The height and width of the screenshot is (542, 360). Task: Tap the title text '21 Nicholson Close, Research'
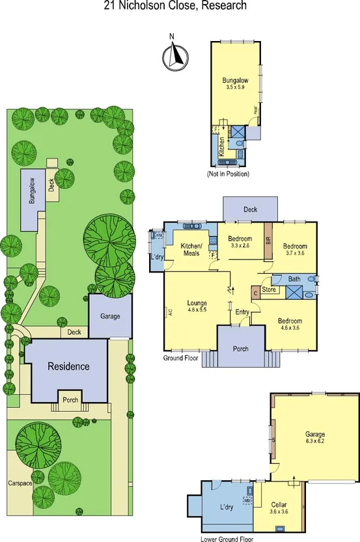(175, 7)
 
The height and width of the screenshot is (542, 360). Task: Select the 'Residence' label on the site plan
(68, 366)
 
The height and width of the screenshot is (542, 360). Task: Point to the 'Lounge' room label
(197, 303)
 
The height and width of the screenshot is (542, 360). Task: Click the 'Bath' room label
(294, 278)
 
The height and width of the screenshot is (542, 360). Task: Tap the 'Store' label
(269, 289)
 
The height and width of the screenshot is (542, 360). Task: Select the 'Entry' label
(242, 312)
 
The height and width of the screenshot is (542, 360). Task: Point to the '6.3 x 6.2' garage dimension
(315, 440)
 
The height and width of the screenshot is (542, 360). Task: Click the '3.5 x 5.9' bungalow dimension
(236, 87)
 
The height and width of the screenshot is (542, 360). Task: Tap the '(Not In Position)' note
(228, 174)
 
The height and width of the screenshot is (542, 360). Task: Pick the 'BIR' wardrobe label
(268, 239)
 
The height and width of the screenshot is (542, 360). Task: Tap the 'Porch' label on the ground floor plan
(241, 348)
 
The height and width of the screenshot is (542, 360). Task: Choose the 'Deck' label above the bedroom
(251, 210)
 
